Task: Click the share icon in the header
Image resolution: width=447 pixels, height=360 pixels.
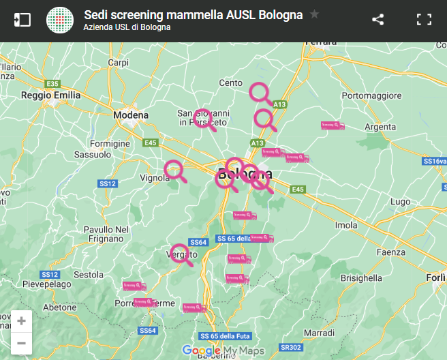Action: [378, 20]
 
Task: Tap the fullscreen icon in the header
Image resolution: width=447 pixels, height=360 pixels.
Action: [425, 20]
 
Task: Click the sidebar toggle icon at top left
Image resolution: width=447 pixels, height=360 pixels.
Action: [22, 20]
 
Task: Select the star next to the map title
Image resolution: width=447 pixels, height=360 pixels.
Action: [314, 14]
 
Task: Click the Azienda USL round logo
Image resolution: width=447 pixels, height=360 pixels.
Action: [60, 20]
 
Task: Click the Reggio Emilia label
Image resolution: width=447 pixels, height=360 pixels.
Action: [51, 95]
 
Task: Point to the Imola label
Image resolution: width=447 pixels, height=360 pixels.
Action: [346, 225]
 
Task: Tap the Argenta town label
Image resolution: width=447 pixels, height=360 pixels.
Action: [380, 127]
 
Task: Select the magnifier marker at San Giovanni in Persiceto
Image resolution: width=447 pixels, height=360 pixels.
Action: [202, 117]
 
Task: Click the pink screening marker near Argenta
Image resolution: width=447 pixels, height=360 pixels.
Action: [333, 125]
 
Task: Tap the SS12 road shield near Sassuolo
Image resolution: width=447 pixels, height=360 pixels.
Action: [108, 183]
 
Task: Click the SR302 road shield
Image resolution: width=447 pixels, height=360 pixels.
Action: [291, 347]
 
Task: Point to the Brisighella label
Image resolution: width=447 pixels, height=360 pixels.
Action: [361, 278]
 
